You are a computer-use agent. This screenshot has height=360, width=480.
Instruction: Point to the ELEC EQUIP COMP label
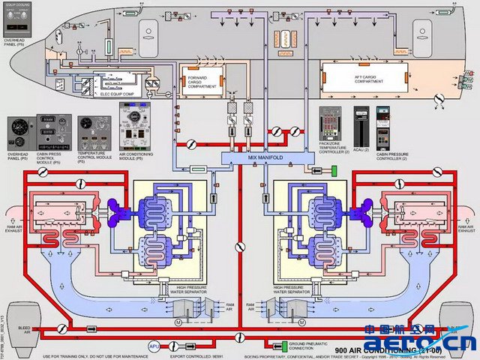105,94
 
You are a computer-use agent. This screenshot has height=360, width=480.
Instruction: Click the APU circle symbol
153,346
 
